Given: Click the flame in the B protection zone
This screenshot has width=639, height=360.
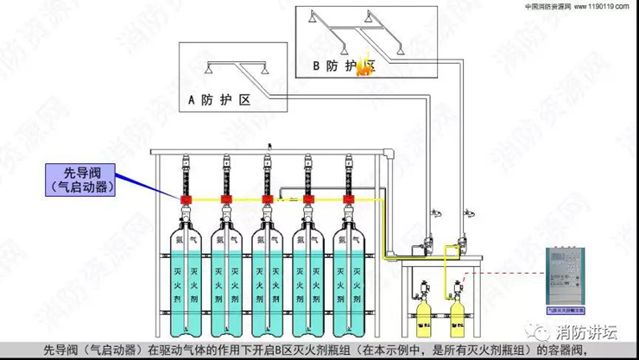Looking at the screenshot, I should point(365,69).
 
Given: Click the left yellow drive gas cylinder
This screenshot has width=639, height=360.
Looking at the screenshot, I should point(424,317).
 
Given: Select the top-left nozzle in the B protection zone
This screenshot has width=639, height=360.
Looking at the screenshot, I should point(321,17).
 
